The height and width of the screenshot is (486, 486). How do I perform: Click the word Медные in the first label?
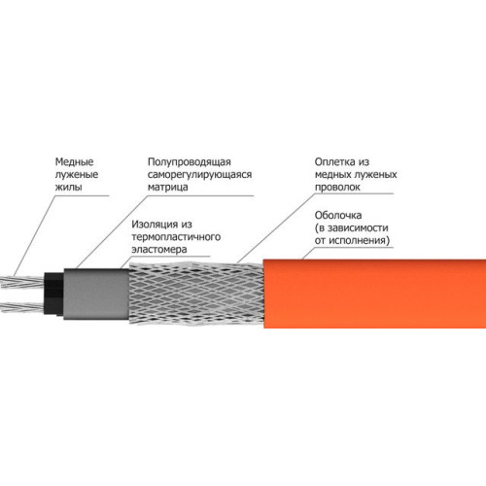(x=74, y=161)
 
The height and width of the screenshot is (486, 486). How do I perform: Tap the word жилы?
(x=68, y=187)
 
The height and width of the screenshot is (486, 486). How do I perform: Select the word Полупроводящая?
(x=190, y=162)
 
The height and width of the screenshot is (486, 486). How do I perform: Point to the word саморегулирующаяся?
(x=199, y=174)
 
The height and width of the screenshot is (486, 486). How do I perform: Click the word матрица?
(x=168, y=188)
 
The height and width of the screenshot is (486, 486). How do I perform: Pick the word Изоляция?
(x=152, y=225)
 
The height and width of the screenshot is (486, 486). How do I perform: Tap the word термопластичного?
(x=176, y=237)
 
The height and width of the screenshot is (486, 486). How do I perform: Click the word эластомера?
(x=159, y=250)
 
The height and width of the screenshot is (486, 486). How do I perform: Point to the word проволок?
(x=337, y=188)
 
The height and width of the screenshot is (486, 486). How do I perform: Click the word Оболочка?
(x=338, y=215)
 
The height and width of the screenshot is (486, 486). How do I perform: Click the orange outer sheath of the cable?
(x=374, y=294)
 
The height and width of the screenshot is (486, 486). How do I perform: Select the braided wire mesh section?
(x=196, y=293)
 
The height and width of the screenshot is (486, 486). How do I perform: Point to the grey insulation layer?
(x=96, y=294)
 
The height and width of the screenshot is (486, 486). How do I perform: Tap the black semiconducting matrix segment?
(x=53, y=295)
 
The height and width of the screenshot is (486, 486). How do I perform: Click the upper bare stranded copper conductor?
(x=22, y=282)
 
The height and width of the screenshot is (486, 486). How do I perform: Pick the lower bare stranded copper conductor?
(x=22, y=306)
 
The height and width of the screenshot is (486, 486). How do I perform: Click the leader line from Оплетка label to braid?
(x=276, y=228)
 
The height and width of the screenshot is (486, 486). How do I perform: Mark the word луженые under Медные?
(x=77, y=174)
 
